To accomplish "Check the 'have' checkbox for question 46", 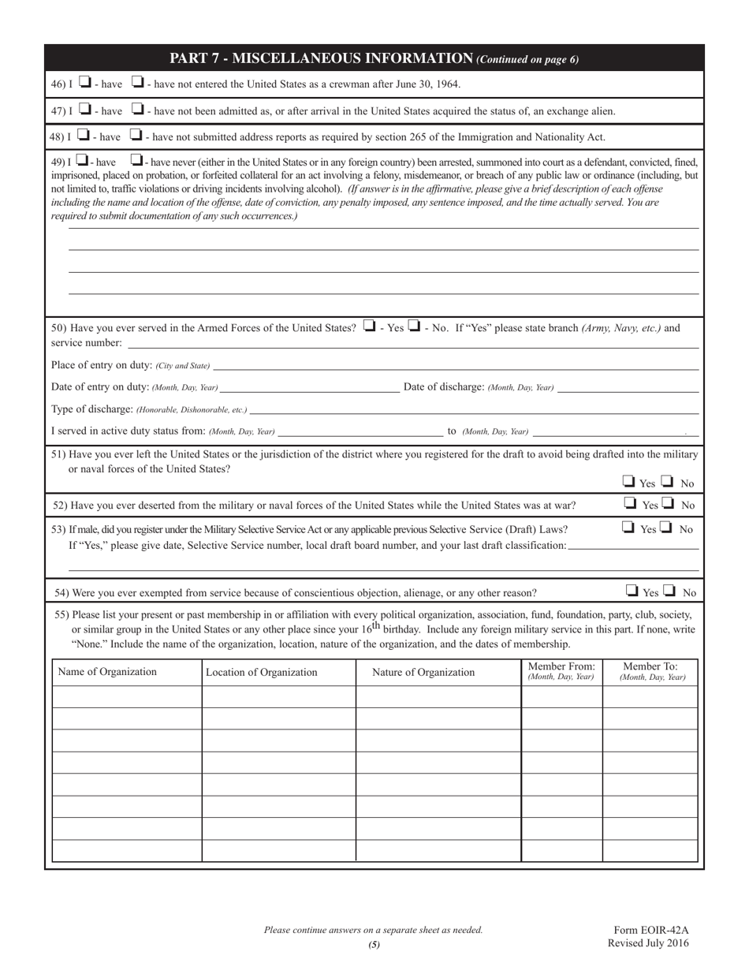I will click(x=85, y=82).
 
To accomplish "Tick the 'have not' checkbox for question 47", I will click(x=136, y=110).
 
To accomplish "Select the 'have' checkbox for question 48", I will click(x=85, y=136).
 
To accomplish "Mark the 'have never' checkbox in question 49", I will click(x=136, y=162).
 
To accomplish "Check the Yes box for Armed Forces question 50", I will click(x=369, y=326).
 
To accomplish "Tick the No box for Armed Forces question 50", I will click(x=414, y=326).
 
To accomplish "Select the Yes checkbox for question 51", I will click(x=629, y=481).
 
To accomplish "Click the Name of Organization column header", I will click(x=107, y=672).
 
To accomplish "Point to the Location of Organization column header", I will click(x=262, y=673).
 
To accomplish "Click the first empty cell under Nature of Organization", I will click(x=438, y=697).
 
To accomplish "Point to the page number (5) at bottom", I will click(x=374, y=944).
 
